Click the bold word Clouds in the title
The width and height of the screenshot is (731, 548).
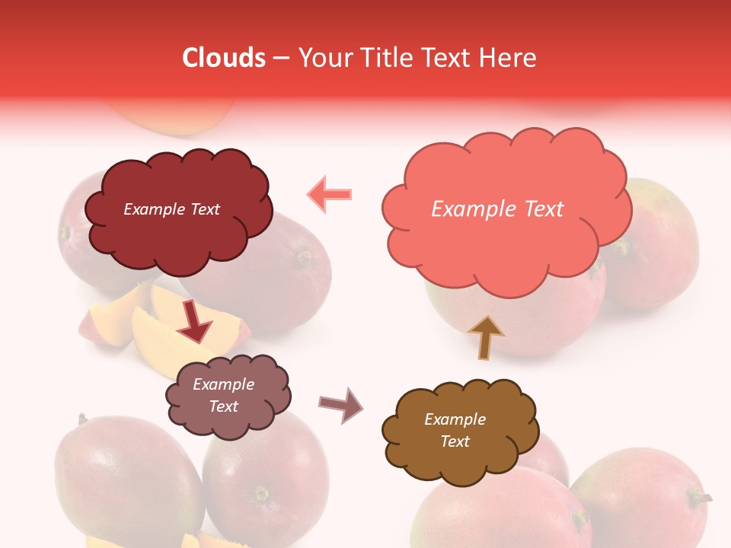224,58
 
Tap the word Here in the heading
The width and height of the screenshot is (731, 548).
507,58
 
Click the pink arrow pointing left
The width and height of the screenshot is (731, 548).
329,194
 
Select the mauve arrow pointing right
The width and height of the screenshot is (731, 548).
341,404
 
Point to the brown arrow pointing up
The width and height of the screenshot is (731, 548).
485,337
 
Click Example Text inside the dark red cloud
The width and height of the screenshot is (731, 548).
171,209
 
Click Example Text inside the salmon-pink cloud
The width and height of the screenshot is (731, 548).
497,209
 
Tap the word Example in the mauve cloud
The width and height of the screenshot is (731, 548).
223,384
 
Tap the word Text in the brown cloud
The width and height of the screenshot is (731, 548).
455,441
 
